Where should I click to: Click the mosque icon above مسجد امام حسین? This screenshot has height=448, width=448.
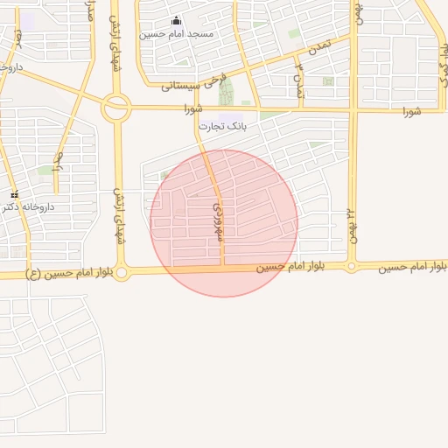[x=177, y=21]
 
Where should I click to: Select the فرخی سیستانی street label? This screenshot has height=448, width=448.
[x=194, y=84]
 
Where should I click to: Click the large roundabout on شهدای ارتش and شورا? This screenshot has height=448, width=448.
[x=116, y=108]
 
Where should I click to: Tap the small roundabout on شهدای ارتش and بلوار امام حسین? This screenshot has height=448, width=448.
[x=122, y=273]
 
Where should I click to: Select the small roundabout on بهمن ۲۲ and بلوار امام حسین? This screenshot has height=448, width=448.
[x=352, y=266]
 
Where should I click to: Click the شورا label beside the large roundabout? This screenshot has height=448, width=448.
[x=193, y=109]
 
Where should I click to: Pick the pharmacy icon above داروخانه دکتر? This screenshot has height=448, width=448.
[x=14, y=194]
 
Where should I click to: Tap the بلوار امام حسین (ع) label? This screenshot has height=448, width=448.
[x=70, y=274]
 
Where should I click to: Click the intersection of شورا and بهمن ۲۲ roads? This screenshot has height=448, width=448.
[x=353, y=111]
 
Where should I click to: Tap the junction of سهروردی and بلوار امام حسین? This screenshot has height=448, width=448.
[x=223, y=268]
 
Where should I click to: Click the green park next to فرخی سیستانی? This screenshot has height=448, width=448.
[x=227, y=93]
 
